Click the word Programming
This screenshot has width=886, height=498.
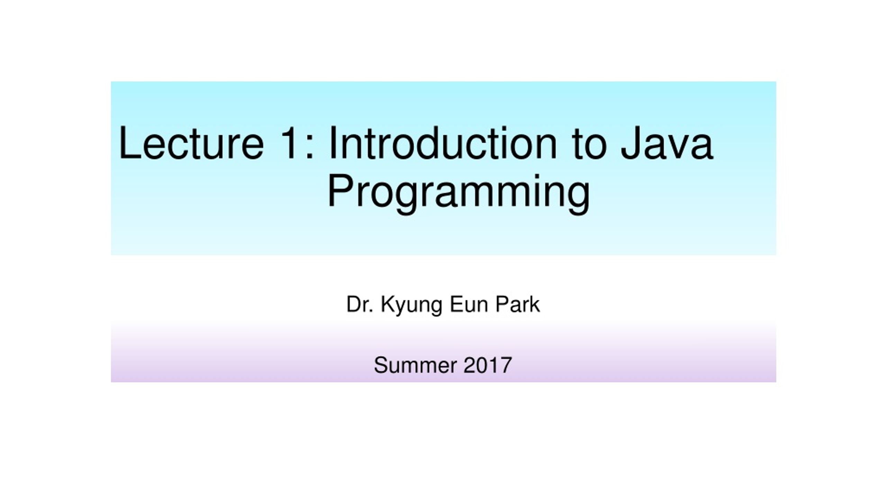tap(459, 192)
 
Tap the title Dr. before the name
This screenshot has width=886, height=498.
tap(360, 304)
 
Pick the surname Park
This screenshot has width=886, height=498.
tap(517, 304)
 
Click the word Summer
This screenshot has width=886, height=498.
tap(415, 365)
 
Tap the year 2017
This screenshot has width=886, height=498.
tap(487, 365)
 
